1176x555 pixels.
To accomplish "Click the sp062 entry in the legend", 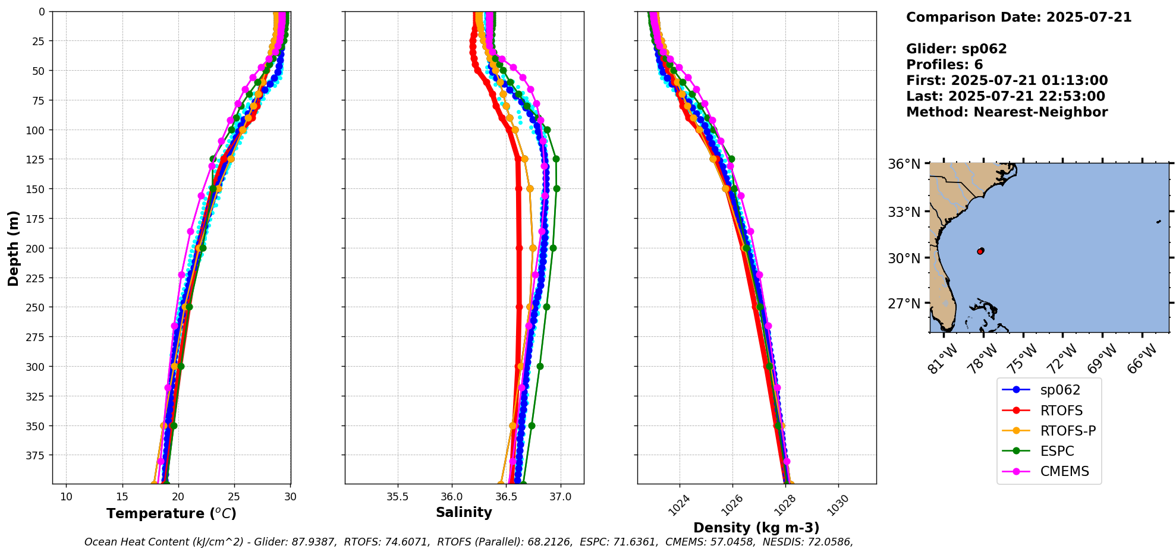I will [x=1059, y=390].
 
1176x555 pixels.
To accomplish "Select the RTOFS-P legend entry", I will [x=1067, y=431].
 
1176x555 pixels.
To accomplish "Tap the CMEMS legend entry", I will [x=1064, y=471].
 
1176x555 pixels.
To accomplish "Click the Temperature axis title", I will [x=171, y=513].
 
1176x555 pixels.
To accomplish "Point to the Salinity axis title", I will [x=464, y=512].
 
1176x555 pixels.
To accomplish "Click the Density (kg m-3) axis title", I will [x=756, y=528].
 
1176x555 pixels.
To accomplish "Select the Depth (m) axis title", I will [x=13, y=248].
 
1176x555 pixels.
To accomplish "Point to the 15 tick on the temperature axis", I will [x=122, y=497].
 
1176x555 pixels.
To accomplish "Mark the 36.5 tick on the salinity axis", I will [x=506, y=497].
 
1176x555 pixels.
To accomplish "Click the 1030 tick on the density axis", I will [x=837, y=506].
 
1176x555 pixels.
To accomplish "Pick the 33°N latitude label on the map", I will [x=904, y=212].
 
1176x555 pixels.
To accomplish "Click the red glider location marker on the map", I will [x=980, y=251].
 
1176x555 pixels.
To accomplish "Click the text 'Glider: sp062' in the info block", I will [x=956, y=49].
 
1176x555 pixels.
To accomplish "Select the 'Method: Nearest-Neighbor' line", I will [x=1007, y=112].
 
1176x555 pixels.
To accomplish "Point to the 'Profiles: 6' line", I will [x=944, y=65].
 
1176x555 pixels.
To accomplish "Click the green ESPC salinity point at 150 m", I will [x=556, y=188].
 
